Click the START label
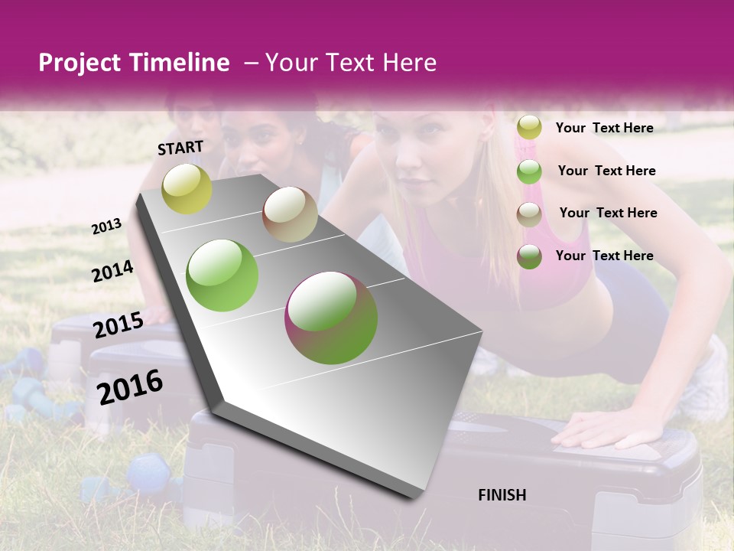point(180,148)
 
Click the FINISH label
point(502,495)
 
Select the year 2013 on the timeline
point(107,227)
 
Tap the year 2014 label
point(113,272)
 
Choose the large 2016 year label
point(130,386)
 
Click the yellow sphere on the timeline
point(187,188)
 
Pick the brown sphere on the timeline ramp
point(290,214)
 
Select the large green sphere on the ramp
point(222,275)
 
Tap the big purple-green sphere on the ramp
point(331,318)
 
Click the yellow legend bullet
point(529,128)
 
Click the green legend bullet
point(529,171)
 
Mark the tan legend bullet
point(529,214)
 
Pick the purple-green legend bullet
point(529,256)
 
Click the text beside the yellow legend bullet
point(604,128)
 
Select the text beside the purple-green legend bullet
point(604,256)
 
